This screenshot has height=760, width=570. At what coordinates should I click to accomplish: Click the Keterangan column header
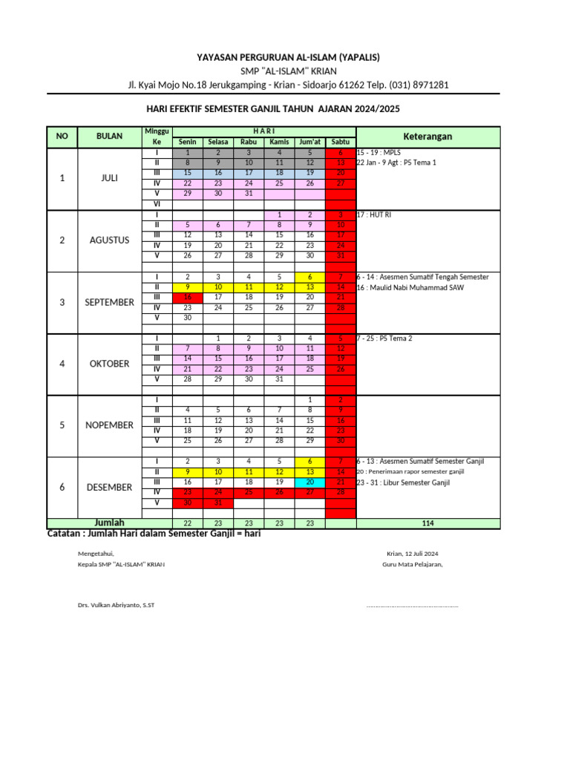click(x=427, y=137)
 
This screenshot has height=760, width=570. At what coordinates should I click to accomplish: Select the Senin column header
click(x=187, y=142)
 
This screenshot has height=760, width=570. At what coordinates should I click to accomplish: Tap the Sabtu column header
click(x=341, y=142)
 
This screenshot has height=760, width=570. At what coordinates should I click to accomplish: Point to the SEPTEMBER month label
click(x=110, y=302)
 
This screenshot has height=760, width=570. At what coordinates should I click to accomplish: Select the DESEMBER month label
click(x=110, y=487)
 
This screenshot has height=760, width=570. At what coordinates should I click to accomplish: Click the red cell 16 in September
click(x=187, y=297)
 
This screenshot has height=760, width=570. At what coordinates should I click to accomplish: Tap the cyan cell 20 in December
click(x=309, y=482)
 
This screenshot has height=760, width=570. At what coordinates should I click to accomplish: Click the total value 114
click(x=427, y=523)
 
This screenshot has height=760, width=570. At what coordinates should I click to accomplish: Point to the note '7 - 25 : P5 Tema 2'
click(x=384, y=338)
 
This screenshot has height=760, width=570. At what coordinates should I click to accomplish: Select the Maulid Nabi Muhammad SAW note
click(x=410, y=287)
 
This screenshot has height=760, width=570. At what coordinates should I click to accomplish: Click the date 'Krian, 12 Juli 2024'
click(x=412, y=554)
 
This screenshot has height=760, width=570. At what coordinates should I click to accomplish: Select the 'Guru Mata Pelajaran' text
click(x=412, y=565)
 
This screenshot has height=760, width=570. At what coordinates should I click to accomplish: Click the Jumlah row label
click(x=109, y=522)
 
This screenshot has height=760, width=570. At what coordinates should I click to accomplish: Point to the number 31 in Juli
click(x=249, y=193)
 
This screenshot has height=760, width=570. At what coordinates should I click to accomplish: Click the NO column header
click(x=62, y=137)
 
